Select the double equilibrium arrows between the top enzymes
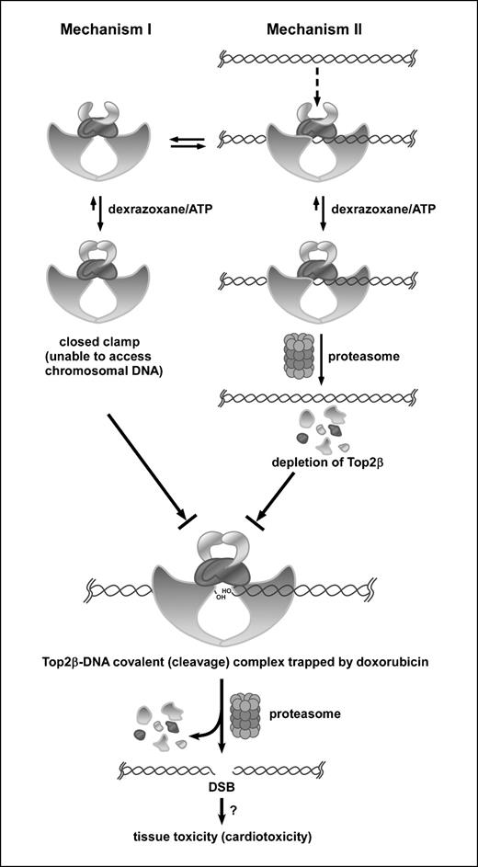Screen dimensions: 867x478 coord(184,141)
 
